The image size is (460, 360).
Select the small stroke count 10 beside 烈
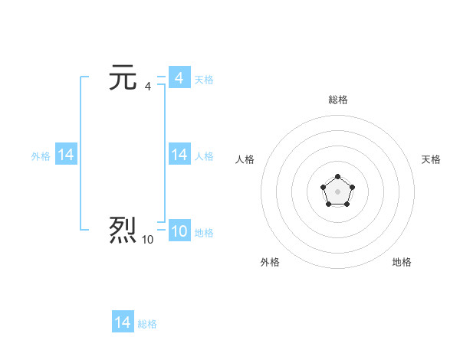click(x=147, y=240)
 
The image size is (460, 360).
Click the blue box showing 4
click(x=179, y=78)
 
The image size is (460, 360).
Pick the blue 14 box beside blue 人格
click(x=179, y=155)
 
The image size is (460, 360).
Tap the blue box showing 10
click(x=179, y=231)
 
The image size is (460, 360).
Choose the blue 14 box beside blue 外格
click(x=66, y=155)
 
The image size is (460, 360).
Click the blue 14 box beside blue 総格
click(x=123, y=322)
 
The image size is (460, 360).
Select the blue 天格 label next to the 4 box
click(x=204, y=80)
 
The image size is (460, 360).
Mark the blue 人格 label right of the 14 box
click(x=204, y=156)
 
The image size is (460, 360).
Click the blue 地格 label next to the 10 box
click(x=204, y=233)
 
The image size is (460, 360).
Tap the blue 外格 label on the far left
click(x=41, y=156)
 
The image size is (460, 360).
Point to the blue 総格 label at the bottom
click(x=147, y=324)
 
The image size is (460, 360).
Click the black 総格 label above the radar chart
click(x=338, y=100)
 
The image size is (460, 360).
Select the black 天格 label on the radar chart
click(x=431, y=159)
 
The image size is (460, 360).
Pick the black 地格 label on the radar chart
click(x=402, y=262)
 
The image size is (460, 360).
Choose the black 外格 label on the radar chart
click(x=270, y=262)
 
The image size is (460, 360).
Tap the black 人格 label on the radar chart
click(x=245, y=159)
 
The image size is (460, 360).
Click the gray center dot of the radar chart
click(x=337, y=191)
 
